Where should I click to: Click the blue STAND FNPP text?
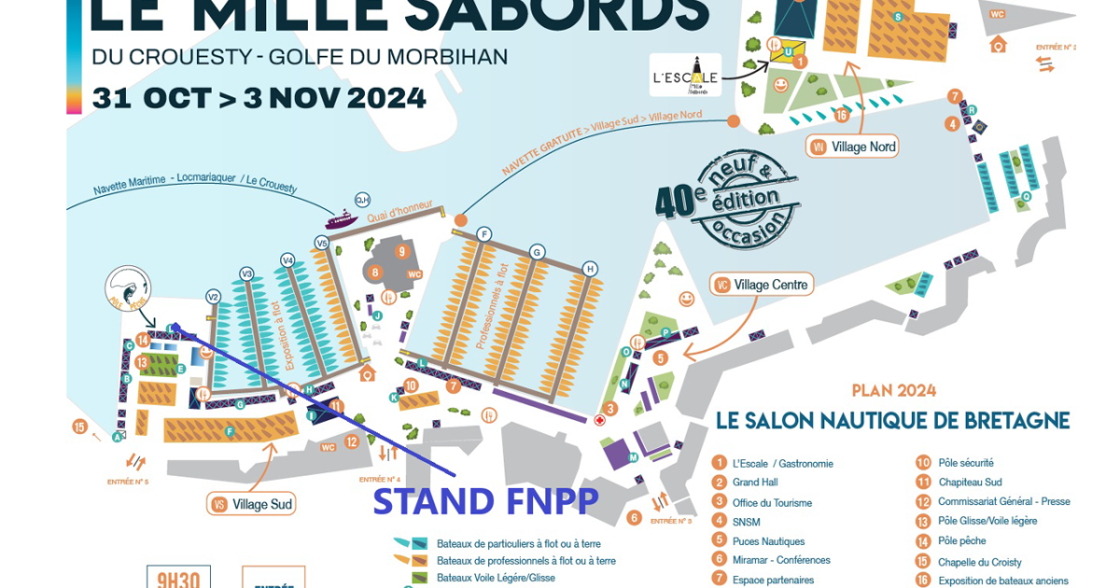[485, 502]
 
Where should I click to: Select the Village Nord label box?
[854, 147]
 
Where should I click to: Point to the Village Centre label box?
[763, 284]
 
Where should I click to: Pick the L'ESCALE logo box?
[686, 76]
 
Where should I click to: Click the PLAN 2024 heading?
[893, 390]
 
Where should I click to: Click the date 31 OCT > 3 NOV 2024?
[259, 98]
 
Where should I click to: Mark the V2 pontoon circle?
[213, 297]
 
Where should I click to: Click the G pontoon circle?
[537, 252]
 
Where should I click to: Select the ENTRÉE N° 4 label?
[379, 480]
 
